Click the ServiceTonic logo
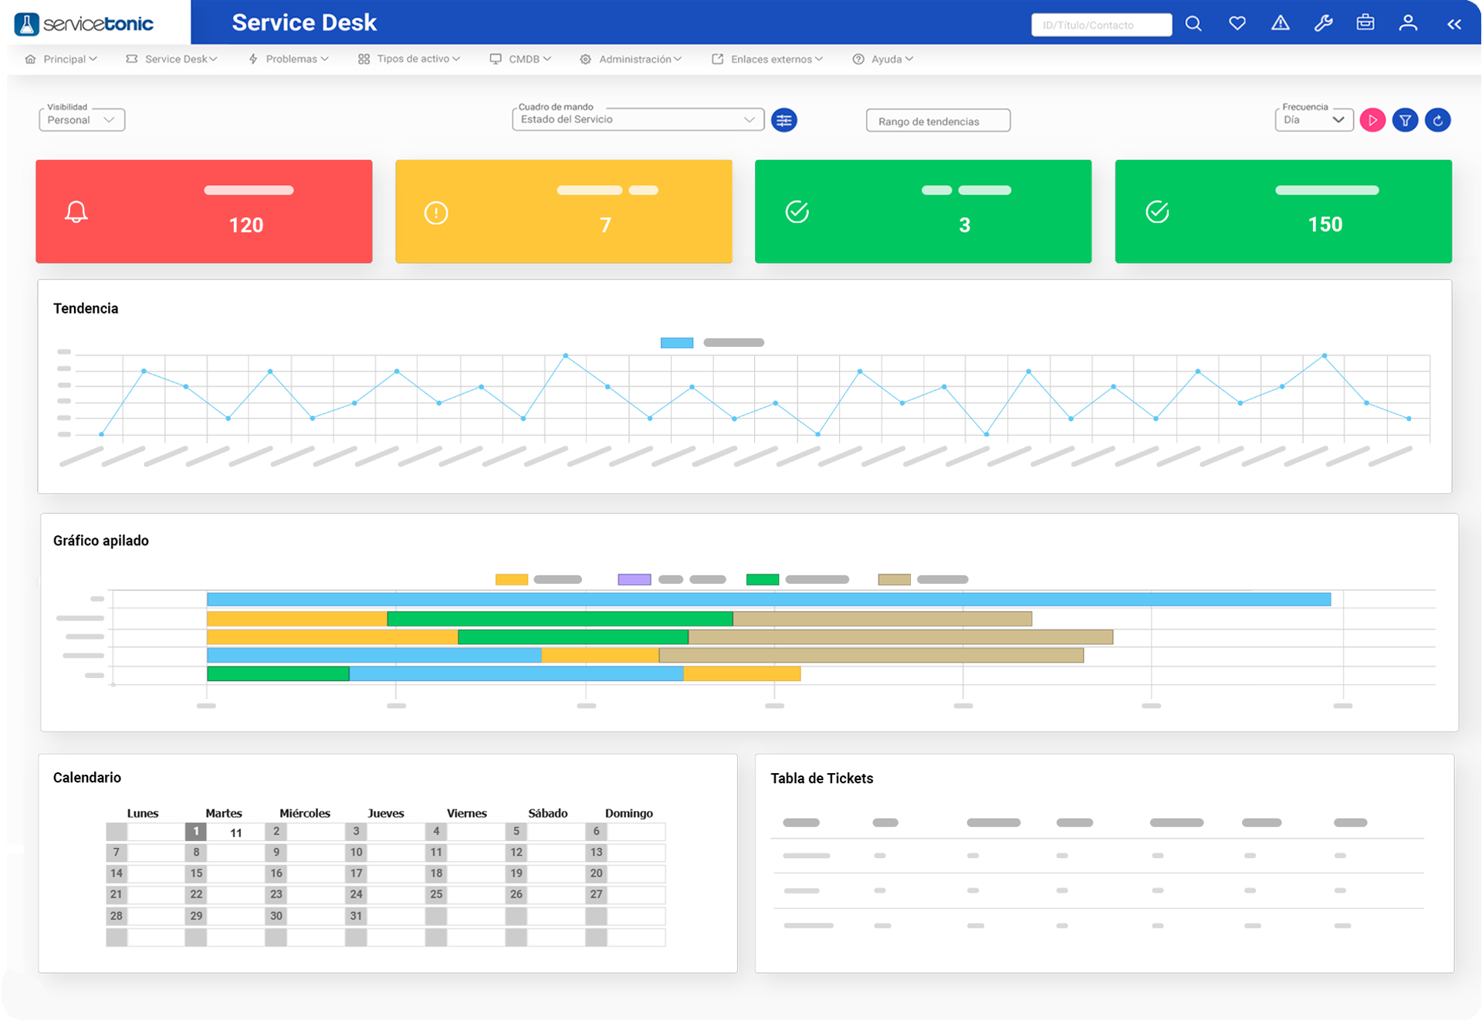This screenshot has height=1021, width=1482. point(84,23)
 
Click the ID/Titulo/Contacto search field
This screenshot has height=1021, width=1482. point(1100,25)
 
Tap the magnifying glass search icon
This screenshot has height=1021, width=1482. point(1193,24)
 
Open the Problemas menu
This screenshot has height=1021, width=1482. point(289,59)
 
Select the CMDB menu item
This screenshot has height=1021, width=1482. point(521,59)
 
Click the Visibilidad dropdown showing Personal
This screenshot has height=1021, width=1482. point(81,120)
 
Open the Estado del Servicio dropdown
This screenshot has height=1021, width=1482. point(637,120)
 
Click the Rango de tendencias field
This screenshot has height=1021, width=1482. point(937,121)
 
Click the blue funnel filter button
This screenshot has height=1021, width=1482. point(1405,120)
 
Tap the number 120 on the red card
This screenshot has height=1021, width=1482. point(246,225)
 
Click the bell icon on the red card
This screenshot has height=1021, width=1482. point(76,212)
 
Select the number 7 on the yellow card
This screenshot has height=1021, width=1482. point(605,225)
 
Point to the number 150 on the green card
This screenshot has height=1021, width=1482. point(1325,225)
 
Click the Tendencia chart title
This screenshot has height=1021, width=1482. point(86,308)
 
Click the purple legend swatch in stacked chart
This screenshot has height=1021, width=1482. point(634,579)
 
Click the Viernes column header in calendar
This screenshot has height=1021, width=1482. point(466,813)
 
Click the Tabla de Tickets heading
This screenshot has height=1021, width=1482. point(821,778)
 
